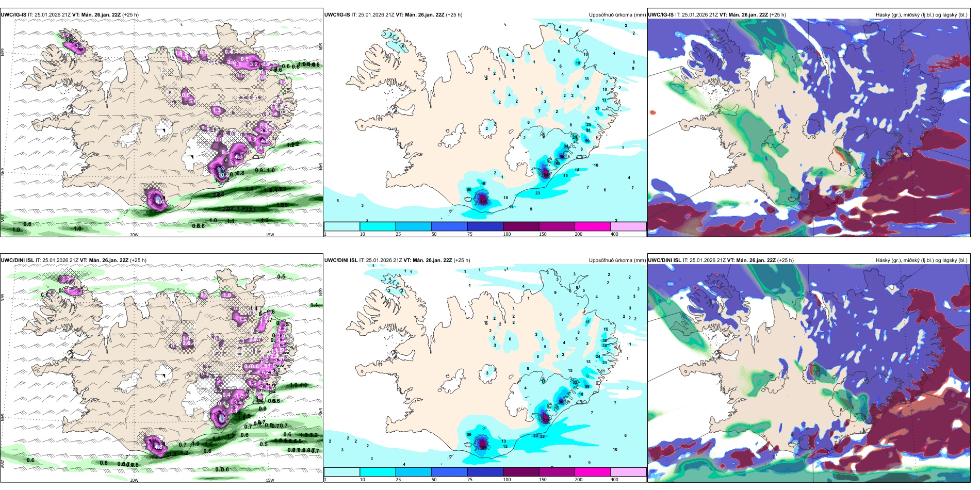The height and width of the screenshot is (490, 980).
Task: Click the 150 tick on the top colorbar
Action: [543, 234]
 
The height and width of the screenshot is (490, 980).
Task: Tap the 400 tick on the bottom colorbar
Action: [614, 480]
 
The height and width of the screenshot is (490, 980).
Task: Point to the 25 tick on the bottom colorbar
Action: [398, 480]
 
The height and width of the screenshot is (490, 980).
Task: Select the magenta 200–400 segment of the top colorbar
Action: [593, 226]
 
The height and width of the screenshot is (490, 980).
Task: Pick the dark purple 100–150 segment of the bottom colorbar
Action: [521, 472]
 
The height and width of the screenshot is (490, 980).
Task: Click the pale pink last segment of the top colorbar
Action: [628, 226]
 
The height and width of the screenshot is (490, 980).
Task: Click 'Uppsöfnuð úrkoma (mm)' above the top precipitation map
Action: [617, 15]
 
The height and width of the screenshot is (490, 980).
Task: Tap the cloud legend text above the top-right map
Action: [921, 15]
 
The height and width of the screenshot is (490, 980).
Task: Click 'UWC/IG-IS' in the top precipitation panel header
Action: [337, 15]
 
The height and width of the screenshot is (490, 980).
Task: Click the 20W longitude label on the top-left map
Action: [134, 235]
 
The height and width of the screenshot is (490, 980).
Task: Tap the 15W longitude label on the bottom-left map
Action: [269, 480]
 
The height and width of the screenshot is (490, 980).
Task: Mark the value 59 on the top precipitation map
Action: [587, 141]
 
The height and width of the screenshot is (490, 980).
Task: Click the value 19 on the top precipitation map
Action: [578, 63]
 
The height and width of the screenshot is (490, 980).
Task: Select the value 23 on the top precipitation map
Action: [537, 193]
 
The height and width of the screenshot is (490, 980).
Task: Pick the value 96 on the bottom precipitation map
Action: [562, 402]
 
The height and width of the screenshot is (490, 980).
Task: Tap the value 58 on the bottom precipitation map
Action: [587, 386]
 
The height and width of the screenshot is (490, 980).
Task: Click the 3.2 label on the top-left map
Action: [254, 64]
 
